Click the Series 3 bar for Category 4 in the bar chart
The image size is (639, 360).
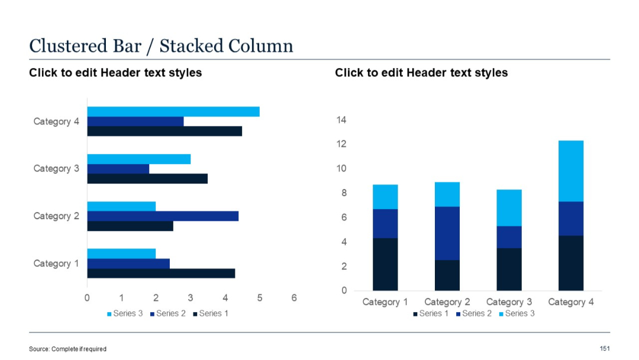pyautogui.click(x=173, y=112)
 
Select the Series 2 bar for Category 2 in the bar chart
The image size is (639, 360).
pyautogui.click(x=163, y=216)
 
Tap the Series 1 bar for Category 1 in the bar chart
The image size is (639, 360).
pyautogui.click(x=161, y=273)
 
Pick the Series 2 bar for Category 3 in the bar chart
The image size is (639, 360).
pyautogui.click(x=118, y=169)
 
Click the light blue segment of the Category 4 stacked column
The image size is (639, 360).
pyautogui.click(x=571, y=171)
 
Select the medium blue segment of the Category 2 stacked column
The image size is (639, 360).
pyautogui.click(x=447, y=233)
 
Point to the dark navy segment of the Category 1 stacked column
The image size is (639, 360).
pyautogui.click(x=385, y=264)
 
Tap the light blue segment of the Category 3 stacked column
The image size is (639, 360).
pyautogui.click(x=509, y=208)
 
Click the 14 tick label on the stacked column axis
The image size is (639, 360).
pyautogui.click(x=341, y=120)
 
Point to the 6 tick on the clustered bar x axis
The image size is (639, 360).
pyautogui.click(x=294, y=298)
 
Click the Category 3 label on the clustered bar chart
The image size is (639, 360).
pyautogui.click(x=56, y=169)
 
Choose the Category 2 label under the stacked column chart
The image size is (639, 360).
pyautogui.click(x=447, y=302)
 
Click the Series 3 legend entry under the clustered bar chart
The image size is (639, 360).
pyautogui.click(x=125, y=313)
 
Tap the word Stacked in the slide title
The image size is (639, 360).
pyautogui.click(x=192, y=46)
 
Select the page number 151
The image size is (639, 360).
pyautogui.click(x=605, y=348)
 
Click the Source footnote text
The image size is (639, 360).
pyautogui.click(x=67, y=349)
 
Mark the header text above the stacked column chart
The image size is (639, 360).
pyautogui.click(x=421, y=73)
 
